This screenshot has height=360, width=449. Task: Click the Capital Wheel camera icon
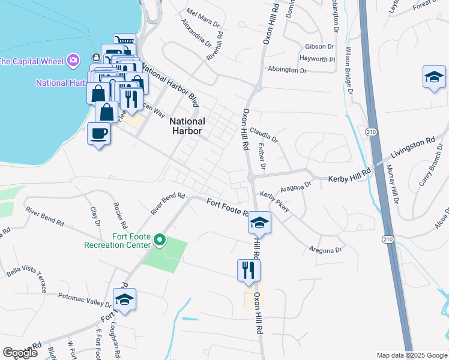[73, 60]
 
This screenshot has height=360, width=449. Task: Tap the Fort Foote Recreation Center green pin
[159, 241]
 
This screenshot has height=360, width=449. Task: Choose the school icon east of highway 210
[434, 77]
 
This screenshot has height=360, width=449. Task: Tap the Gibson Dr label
[319, 46]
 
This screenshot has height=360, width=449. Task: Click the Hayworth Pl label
[318, 59]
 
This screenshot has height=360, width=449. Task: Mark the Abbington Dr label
[287, 70]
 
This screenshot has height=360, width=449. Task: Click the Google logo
[20, 353]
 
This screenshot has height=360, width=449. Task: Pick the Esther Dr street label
[262, 155]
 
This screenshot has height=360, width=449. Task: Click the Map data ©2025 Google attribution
[411, 355]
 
